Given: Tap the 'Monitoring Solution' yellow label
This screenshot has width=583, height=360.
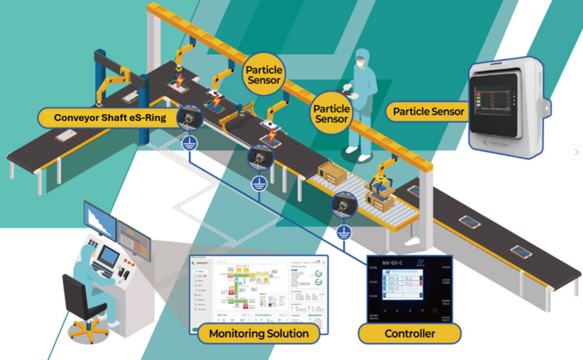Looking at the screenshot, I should pos(260,334).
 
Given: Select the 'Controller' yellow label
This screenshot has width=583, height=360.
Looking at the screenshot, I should pos(410,334).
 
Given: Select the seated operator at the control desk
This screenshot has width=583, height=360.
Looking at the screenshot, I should pos(93,262).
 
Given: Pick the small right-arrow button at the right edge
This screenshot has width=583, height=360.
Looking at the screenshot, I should pos(574,152).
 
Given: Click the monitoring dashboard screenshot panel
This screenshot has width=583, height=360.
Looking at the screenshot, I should pos(259,288).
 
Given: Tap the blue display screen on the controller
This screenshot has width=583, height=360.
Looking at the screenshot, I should pos(406,291).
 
